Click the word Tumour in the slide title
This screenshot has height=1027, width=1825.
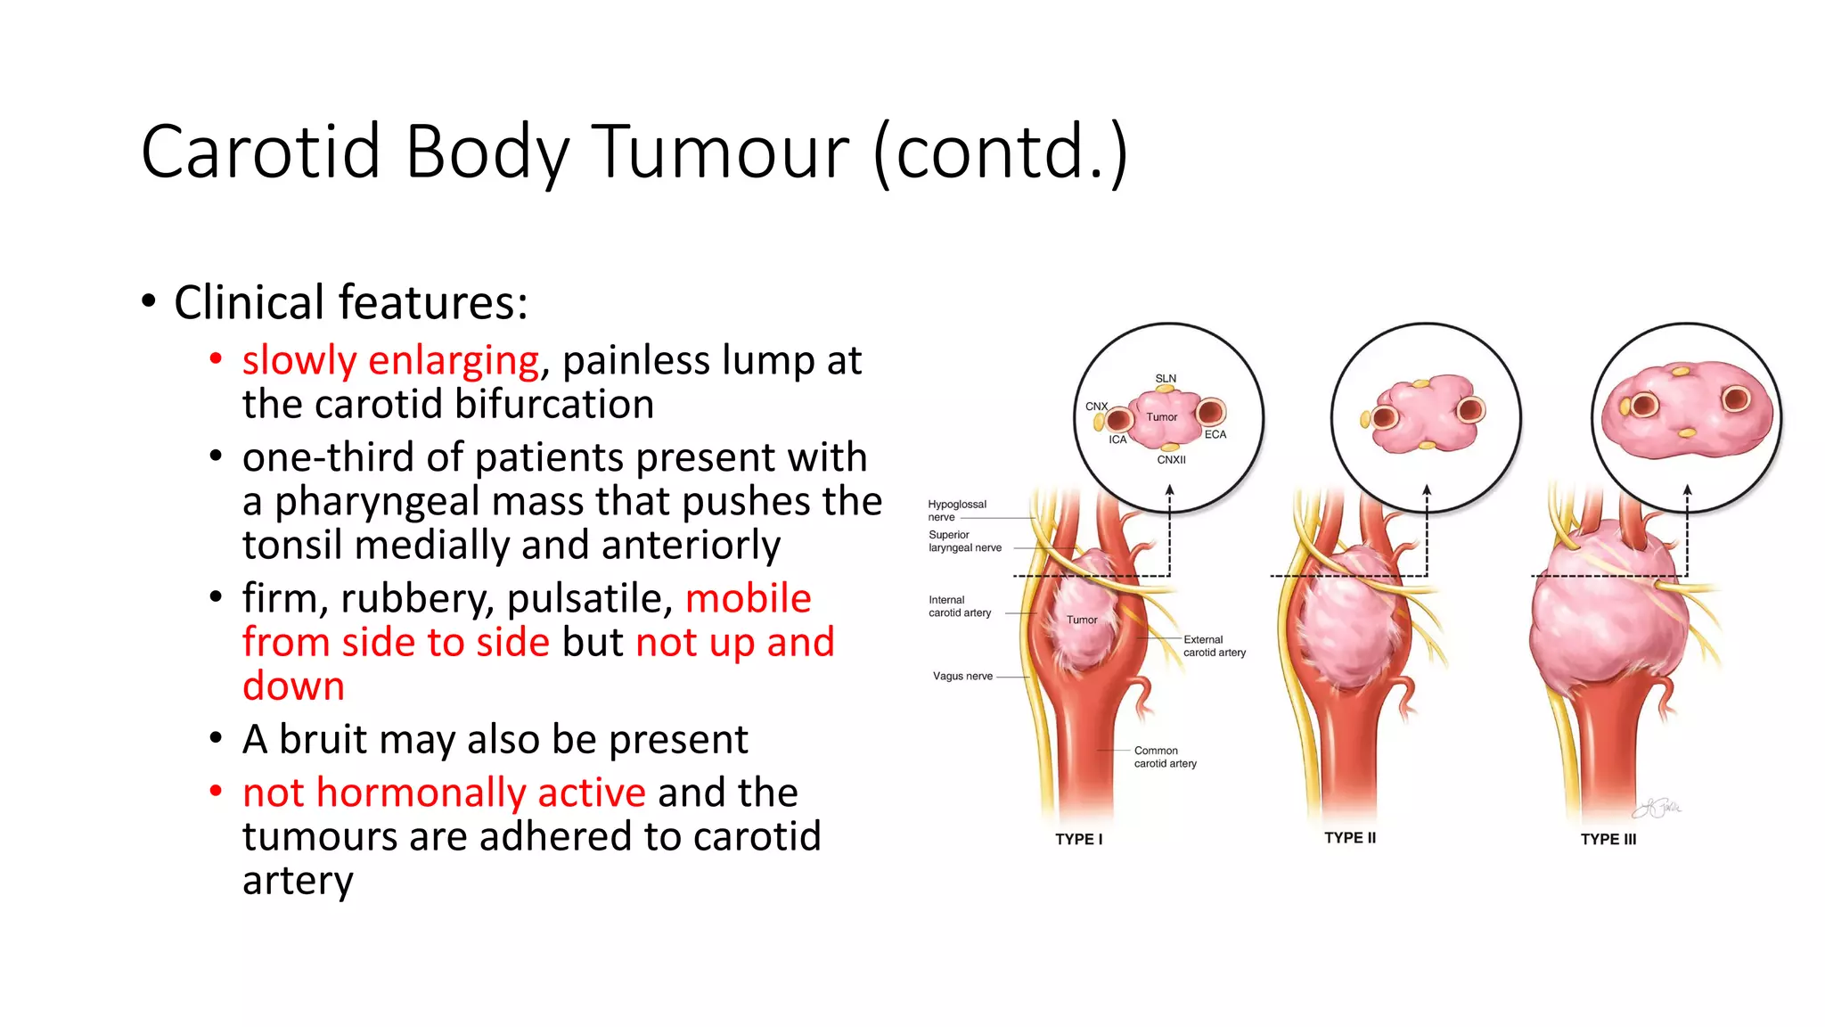720,152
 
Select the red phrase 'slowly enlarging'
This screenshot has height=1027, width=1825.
390,360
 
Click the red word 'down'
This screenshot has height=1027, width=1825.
293,686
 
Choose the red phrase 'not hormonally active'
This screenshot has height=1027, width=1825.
444,793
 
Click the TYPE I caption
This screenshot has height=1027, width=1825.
1078,839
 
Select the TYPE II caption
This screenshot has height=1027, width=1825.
1349,838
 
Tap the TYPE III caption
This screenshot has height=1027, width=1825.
1608,839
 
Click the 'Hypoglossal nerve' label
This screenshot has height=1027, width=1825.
956,510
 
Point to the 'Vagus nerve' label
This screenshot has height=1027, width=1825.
962,676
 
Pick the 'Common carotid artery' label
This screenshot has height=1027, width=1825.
1165,757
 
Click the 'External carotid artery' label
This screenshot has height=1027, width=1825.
1214,645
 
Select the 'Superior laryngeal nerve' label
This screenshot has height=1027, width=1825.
964,541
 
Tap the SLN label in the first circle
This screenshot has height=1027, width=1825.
1166,378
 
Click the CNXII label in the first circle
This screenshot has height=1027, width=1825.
1171,460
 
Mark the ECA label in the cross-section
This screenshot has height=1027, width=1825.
1215,434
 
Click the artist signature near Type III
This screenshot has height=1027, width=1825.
1656,808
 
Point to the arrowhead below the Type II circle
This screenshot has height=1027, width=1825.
1427,489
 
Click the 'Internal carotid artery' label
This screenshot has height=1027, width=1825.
959,606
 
